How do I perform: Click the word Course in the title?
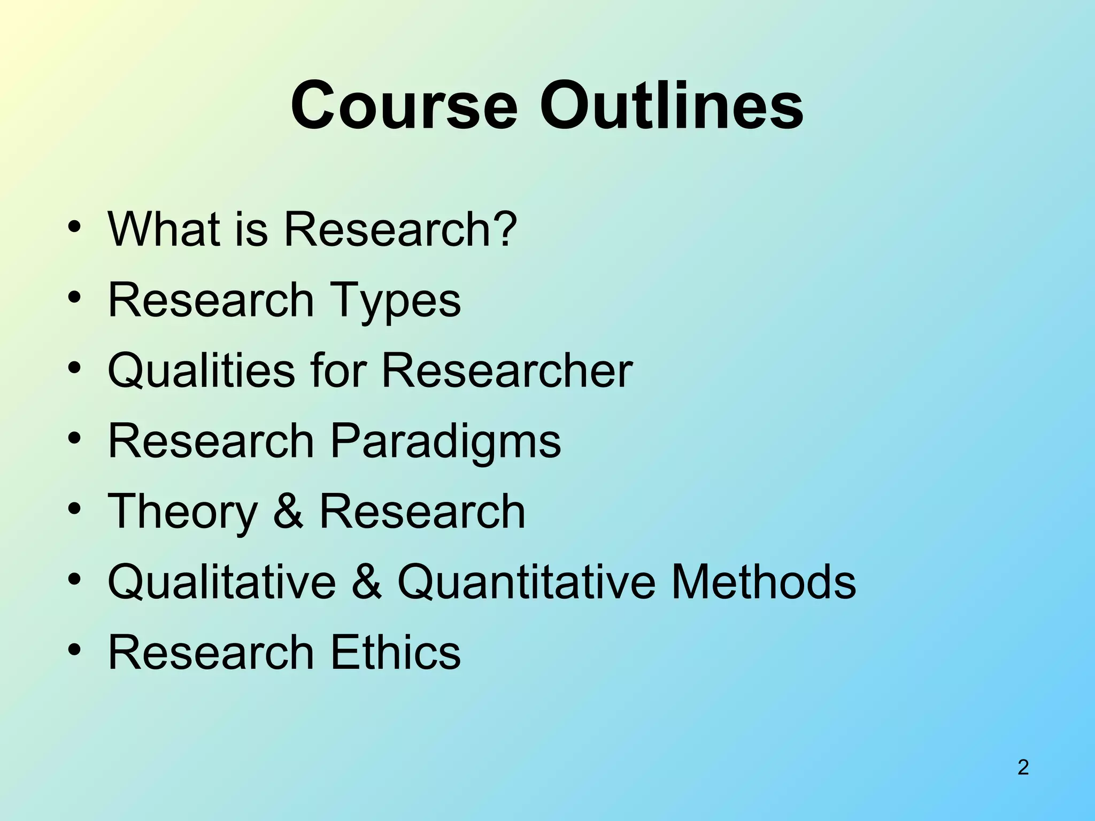[404, 105]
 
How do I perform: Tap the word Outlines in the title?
[671, 105]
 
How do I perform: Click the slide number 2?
[1023, 767]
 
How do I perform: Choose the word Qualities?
[201, 371]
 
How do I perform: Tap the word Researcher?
[507, 370]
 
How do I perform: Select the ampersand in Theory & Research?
[289, 512]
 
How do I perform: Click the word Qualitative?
[222, 582]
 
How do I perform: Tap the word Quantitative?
[526, 582]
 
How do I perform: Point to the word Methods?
[764, 582]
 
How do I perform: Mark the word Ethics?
[395, 652]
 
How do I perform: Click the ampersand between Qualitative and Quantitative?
[367, 582]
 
